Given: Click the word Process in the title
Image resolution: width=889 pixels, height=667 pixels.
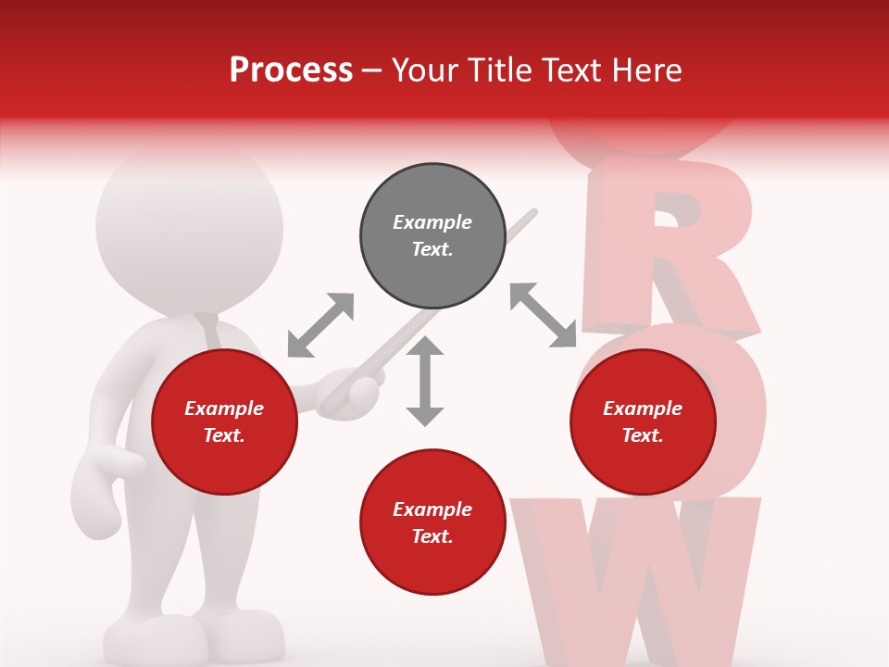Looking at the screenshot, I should point(291,70).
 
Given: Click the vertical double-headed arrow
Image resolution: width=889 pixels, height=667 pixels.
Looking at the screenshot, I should point(425,382).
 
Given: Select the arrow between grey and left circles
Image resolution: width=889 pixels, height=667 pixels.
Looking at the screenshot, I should point(320,324).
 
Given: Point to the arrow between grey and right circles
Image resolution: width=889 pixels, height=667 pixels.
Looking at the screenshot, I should point(544,316).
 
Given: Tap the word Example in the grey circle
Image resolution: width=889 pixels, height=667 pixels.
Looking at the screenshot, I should point(432,222).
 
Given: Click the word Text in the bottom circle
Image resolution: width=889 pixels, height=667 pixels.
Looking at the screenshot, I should point(432,536).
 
